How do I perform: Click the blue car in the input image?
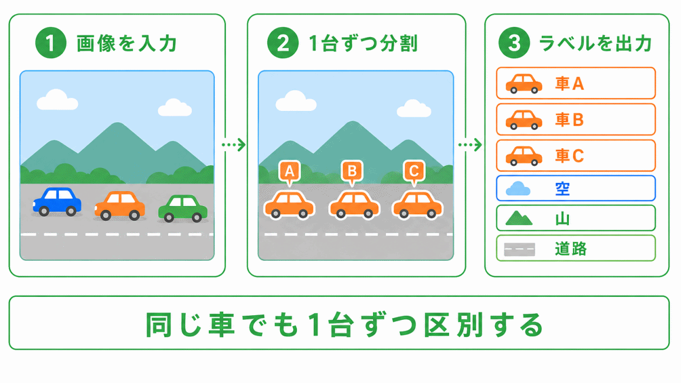click(57, 202)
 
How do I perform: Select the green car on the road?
click(183, 208)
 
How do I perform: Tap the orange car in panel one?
click(120, 206)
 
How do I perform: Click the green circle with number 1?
click(51, 43)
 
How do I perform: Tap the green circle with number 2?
click(283, 43)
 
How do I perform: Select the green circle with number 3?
click(514, 43)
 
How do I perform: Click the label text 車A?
click(569, 83)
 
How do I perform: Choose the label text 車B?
click(569, 119)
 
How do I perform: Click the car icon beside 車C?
click(524, 156)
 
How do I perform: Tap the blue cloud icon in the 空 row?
click(518, 189)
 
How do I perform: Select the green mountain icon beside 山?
click(519, 218)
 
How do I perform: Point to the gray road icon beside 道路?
click(519, 249)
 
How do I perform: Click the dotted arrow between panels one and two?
click(234, 145)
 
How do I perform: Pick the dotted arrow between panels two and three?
click(470, 145)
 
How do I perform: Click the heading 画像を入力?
click(127, 44)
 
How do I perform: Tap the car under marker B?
click(355, 205)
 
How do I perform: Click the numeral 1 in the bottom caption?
click(315, 325)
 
